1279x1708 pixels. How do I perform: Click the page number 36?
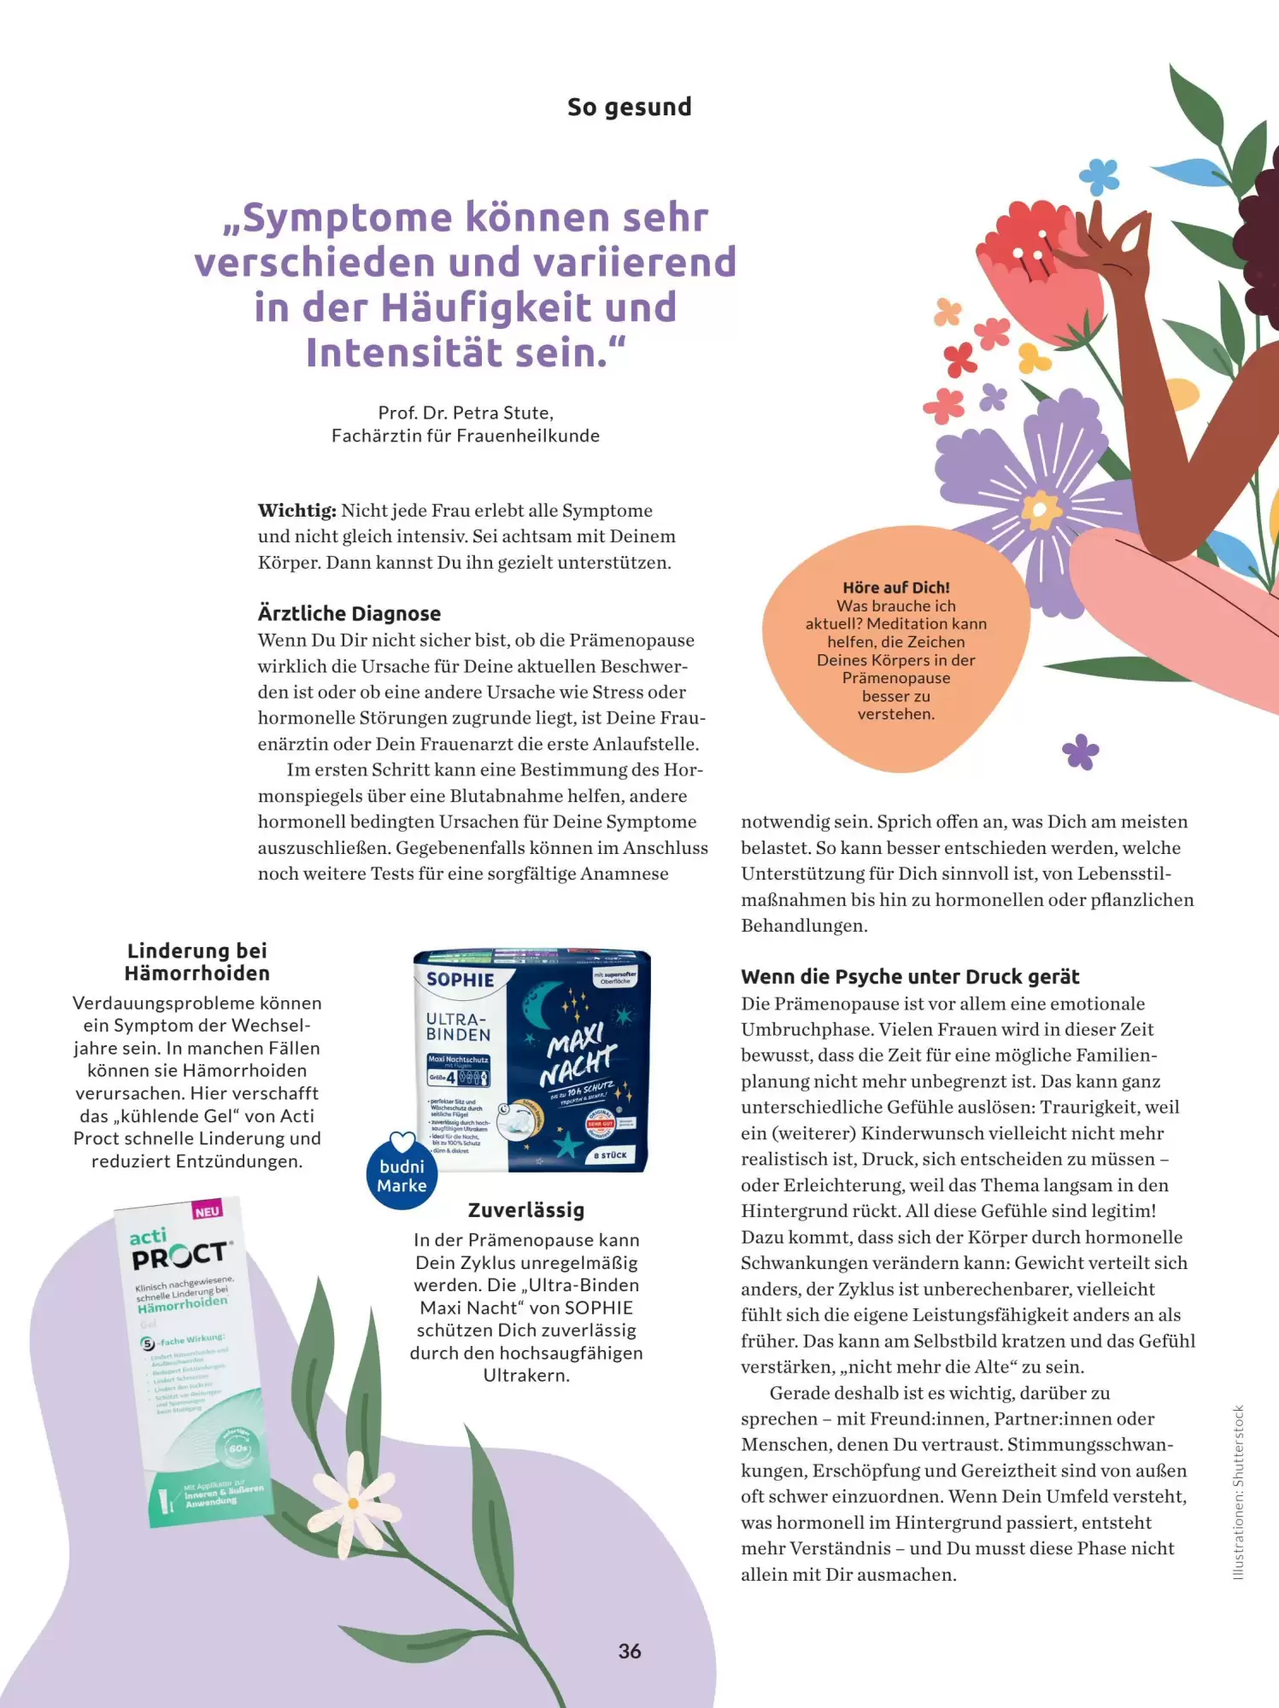(x=630, y=1651)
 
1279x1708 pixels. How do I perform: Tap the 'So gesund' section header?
(x=630, y=108)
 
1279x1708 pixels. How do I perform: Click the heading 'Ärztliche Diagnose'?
(x=349, y=613)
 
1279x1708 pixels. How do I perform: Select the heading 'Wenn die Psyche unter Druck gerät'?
(x=910, y=977)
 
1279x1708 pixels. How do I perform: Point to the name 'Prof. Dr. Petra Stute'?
(x=466, y=413)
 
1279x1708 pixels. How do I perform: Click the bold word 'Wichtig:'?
(x=297, y=511)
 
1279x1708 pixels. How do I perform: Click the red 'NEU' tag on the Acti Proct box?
(x=208, y=1211)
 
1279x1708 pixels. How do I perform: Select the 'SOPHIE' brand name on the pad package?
(x=461, y=980)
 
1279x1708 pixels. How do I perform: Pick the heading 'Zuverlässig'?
(x=526, y=1210)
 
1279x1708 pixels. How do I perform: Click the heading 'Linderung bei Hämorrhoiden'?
(x=197, y=962)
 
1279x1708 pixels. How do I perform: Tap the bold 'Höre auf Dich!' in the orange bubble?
(x=896, y=588)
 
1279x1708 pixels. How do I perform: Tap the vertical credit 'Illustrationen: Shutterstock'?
(x=1238, y=1493)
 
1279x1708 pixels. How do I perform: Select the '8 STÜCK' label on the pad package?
(x=612, y=1155)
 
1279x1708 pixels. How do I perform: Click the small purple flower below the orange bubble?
(x=1081, y=752)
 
